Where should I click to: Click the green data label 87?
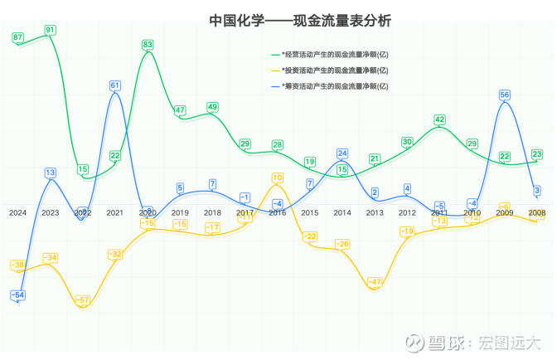click(18, 37)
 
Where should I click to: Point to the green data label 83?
click(148, 45)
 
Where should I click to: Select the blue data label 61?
click(115, 85)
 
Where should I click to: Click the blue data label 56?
click(504, 95)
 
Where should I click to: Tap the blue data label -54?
click(17, 295)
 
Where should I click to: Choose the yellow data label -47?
click(375, 283)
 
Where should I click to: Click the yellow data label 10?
click(277, 178)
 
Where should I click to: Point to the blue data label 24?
click(342, 153)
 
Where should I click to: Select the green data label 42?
click(440, 120)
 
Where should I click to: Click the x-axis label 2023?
click(50, 213)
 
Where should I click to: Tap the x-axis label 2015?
click(310, 213)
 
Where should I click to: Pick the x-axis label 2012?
click(407, 213)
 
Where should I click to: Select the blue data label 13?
click(51, 173)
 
